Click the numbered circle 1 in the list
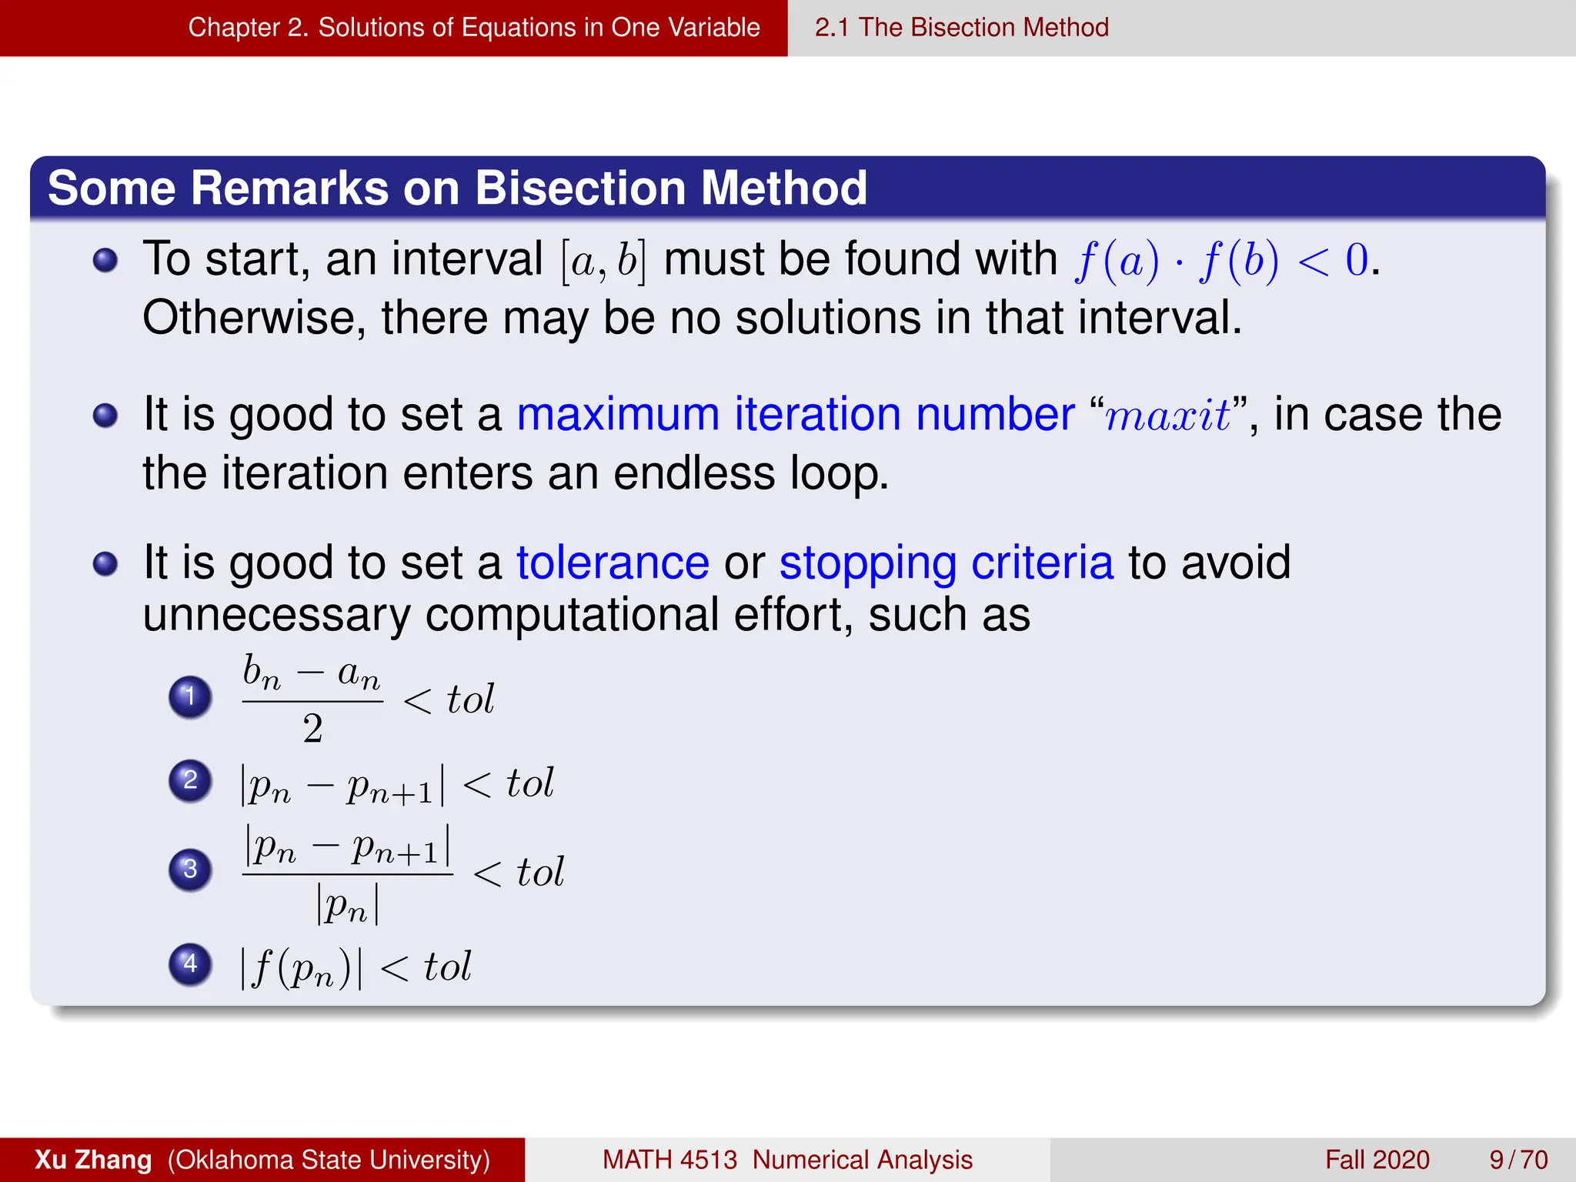190,697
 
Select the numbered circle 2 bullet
190,781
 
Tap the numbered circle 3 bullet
190,870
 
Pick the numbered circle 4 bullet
190,964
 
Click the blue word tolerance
613,563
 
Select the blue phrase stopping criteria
946,563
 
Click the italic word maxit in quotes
1167,416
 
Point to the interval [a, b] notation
603,261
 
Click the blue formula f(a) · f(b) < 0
1223,260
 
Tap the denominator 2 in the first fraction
312,729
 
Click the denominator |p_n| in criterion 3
348,906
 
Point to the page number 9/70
1518,1160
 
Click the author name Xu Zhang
93,1160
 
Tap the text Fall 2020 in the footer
1377,1160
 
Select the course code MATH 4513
669,1160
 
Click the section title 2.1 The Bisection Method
962,28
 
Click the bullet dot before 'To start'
105,260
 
